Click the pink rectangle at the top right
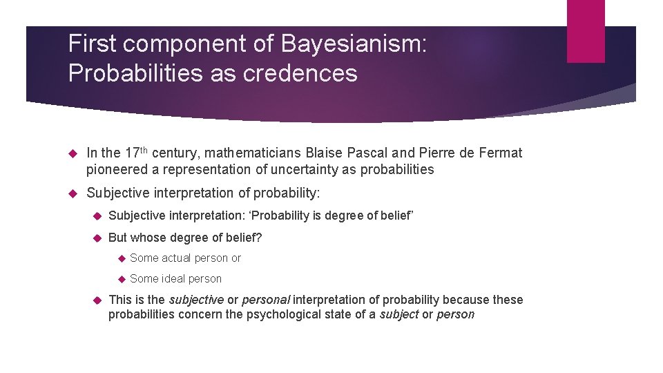tap(586, 31)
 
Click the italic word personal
tap(267, 300)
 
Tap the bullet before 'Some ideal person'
tap(118, 279)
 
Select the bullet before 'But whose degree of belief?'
tap(97, 238)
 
